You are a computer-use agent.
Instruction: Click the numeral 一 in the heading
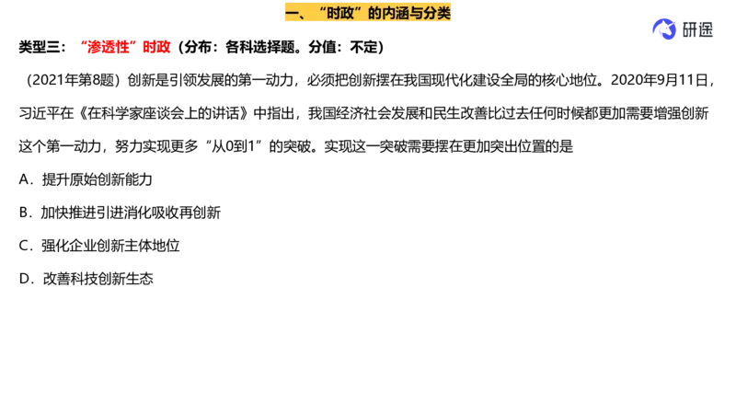[x=292, y=13]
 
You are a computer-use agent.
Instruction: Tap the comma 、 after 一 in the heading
[x=306, y=16]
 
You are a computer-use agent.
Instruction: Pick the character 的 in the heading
[x=375, y=13]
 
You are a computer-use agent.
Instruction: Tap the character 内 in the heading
[x=391, y=13]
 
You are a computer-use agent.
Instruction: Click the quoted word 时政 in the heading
[x=341, y=13]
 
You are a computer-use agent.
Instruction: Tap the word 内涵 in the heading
[x=398, y=13]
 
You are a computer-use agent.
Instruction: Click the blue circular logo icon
[x=662, y=29]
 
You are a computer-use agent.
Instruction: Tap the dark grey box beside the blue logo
[x=696, y=29]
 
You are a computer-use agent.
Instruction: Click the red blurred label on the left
[x=128, y=47]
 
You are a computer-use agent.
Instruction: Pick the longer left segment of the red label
[x=109, y=47]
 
